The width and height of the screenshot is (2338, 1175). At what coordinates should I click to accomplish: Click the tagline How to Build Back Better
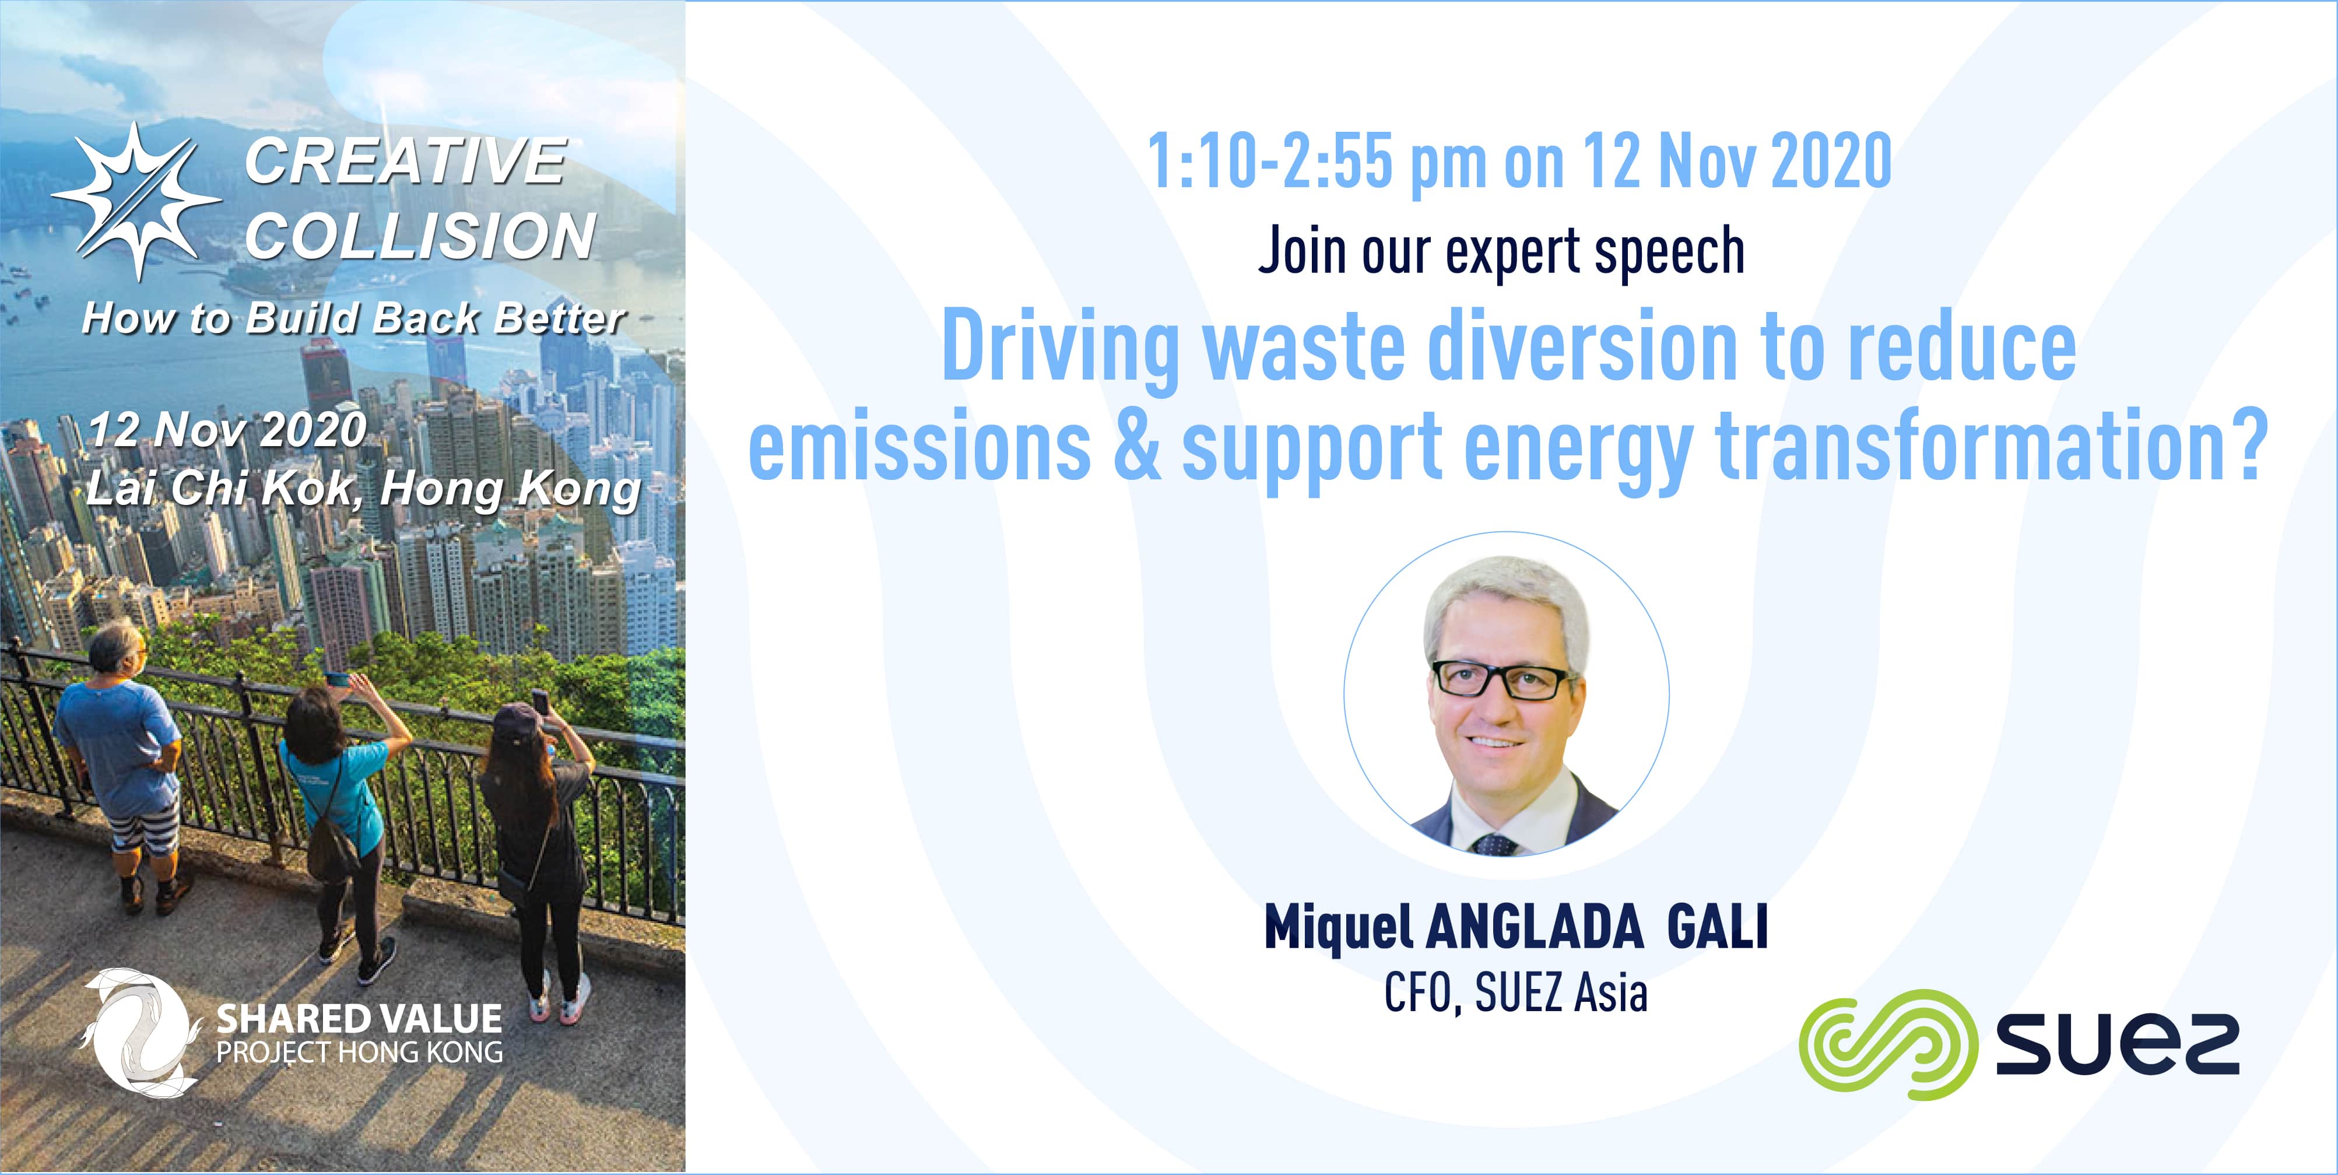coord(353,318)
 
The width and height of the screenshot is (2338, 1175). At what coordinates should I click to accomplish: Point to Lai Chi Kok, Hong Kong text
coord(364,489)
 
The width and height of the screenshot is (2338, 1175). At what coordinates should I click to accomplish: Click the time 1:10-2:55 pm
coord(1317,162)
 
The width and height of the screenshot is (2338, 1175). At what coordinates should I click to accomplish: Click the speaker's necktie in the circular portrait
coord(1493,844)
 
